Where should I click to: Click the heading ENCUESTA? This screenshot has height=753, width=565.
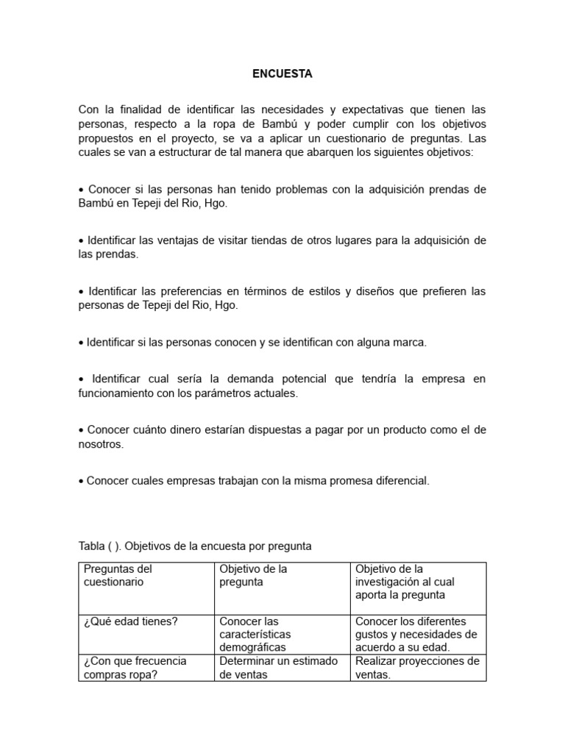click(282, 74)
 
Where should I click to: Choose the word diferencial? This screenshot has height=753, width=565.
click(399, 481)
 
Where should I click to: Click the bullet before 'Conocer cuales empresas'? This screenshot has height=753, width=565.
click(81, 481)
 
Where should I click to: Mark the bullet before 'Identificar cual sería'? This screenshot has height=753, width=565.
click(81, 379)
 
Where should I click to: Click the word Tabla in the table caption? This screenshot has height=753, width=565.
click(91, 546)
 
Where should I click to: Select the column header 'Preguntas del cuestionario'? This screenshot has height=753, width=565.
click(118, 575)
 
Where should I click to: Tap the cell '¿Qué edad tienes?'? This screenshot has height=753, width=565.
click(131, 621)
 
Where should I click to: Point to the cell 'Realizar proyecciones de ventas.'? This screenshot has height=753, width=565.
click(417, 668)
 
